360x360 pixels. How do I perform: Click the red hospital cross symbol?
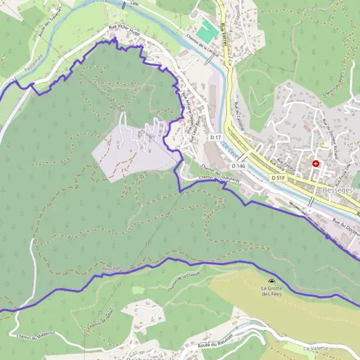click(316, 163)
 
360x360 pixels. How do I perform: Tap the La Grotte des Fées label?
click(272, 291)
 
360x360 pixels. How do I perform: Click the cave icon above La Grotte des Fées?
click(272, 281)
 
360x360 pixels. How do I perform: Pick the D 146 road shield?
click(238, 166)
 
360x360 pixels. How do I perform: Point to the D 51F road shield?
click(277, 178)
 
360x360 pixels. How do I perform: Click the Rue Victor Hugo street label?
click(124, 31)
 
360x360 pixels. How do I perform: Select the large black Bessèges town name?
click(333, 188)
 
